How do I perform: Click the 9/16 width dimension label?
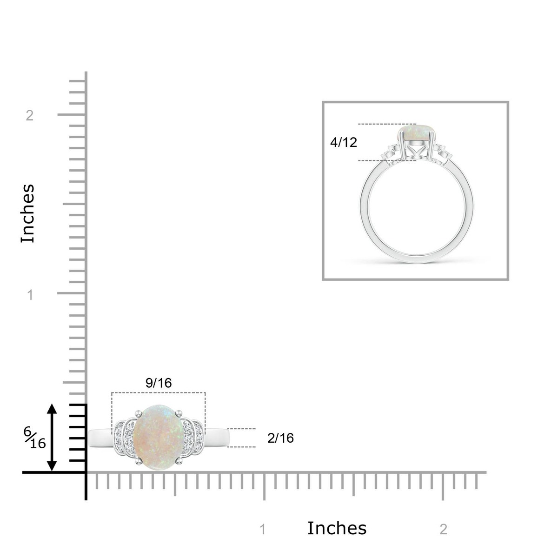(159, 383)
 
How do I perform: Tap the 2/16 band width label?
(280, 438)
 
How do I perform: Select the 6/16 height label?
(35, 438)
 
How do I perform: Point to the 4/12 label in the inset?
(344, 142)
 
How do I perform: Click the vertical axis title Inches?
(28, 213)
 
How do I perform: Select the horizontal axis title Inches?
(337, 528)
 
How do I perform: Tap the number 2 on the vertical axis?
(30, 115)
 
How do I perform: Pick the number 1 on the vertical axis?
(30, 295)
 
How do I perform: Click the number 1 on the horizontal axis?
(263, 529)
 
